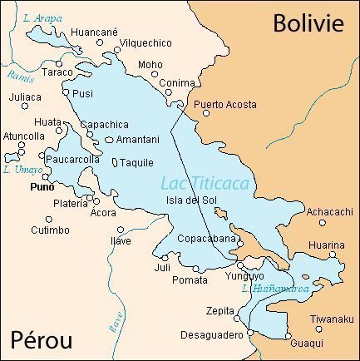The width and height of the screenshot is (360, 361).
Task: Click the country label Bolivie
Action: coord(308,22)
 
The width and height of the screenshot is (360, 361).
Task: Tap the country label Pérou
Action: coord(42,339)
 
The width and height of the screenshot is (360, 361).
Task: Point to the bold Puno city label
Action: coord(42,187)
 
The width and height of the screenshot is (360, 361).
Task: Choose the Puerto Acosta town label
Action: coord(224,105)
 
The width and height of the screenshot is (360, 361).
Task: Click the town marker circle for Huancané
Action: coord(101,42)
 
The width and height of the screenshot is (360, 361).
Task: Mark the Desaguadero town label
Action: coord(211,335)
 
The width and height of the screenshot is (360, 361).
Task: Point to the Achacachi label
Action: coord(329,212)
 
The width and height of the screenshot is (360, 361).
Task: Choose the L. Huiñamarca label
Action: coord(275,289)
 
